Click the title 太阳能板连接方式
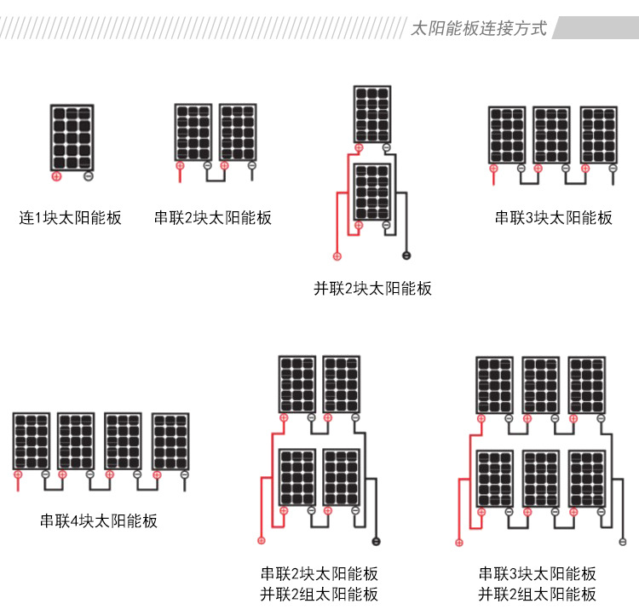coord(478,27)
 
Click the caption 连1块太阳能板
coord(71,218)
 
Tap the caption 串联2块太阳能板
coord(213,218)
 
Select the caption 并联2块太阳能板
coord(372,289)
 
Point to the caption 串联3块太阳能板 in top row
coord(554,218)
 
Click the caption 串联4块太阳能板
coord(99,521)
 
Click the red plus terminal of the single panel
coord(56,177)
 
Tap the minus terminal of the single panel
coord(89,177)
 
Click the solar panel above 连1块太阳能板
coord(72,137)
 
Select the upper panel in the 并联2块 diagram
coord(372,114)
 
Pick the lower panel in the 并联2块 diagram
coord(372,193)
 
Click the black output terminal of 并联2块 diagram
coord(406,256)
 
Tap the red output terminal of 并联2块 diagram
coord(337,256)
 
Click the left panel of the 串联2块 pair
coord(193,132)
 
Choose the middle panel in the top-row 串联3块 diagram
coord(551,135)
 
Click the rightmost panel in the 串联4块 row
coord(170,441)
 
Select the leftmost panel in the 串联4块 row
coord(32,441)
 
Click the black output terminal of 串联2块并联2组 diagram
coord(376,542)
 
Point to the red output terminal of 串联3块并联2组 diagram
coord(459,542)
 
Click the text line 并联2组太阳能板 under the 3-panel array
coord(537,595)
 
